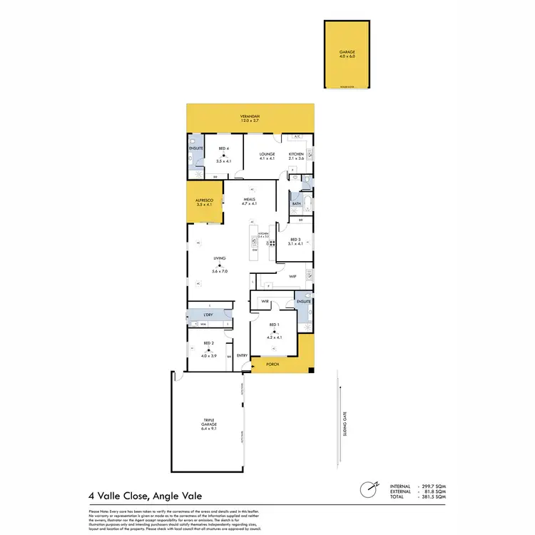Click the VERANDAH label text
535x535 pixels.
coord(250,118)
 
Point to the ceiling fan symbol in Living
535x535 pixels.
coord(220,265)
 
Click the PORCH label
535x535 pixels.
coord(272,365)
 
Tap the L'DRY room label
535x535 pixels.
coord(209,315)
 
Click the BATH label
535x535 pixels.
coord(296,204)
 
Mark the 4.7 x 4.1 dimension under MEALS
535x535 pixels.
coord(250,205)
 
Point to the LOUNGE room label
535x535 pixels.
coord(267,154)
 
